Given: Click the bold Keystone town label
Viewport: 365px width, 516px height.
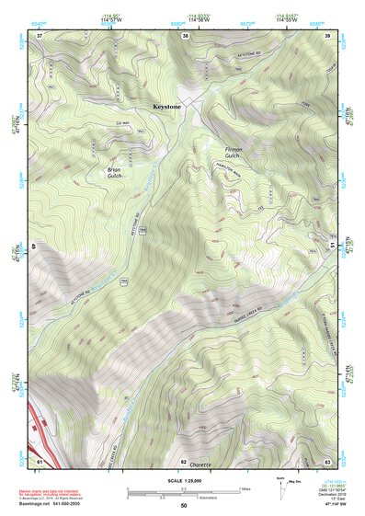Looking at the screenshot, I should click(168, 108).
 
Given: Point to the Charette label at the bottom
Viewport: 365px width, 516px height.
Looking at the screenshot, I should click(200, 465).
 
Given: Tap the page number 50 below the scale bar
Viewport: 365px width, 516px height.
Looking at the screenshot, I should click(183, 506).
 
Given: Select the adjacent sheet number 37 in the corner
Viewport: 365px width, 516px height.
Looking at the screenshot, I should click(40, 36).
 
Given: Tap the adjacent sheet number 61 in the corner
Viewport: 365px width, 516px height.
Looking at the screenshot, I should click(40, 459).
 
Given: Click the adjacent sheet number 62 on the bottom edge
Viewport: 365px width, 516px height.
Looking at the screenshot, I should click(184, 460).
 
